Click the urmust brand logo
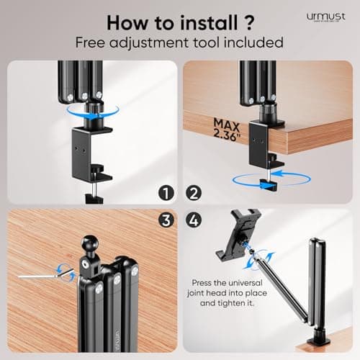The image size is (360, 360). (325, 15)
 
